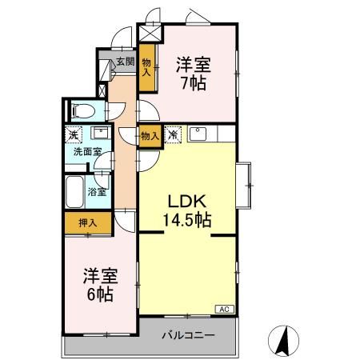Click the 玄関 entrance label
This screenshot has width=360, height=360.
124,61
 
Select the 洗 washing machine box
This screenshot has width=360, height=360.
74,134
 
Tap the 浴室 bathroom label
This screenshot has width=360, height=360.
98,192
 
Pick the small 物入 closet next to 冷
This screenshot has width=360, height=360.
149,136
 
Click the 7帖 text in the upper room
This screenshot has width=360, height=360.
192,82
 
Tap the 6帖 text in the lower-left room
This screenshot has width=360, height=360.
100,294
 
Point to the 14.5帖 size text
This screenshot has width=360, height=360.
189,218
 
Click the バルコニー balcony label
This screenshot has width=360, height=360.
188,335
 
